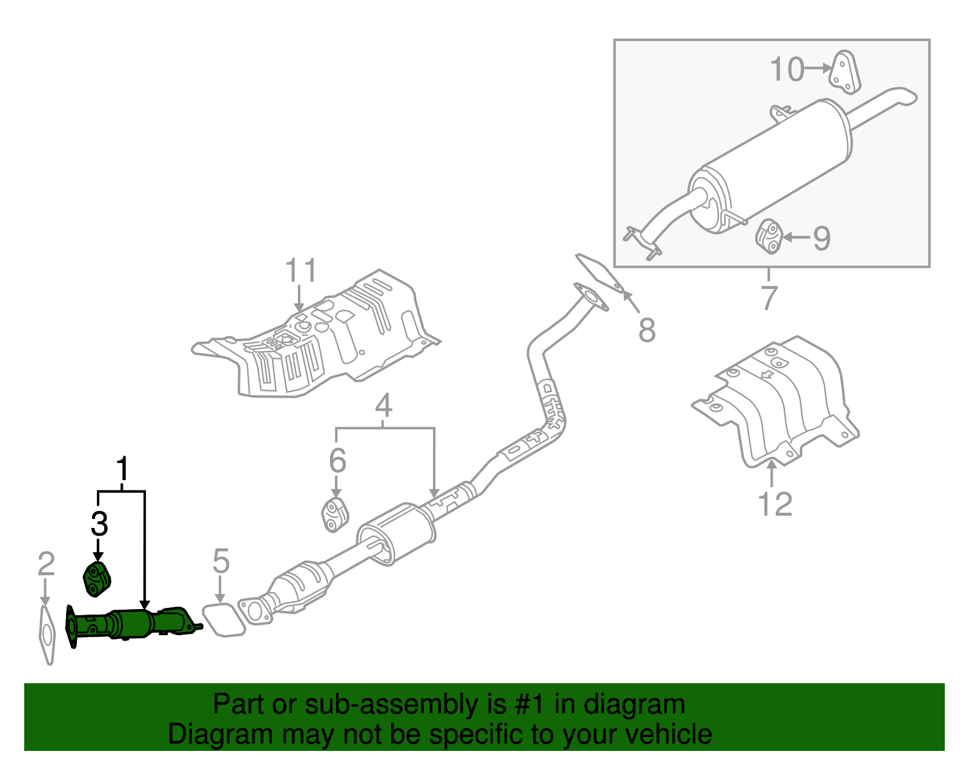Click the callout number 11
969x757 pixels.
click(301, 270)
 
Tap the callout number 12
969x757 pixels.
click(775, 504)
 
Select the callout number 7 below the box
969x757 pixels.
click(769, 298)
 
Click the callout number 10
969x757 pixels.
click(787, 70)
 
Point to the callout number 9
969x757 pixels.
click(821, 238)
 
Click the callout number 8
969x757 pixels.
click(647, 331)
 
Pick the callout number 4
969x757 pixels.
click(383, 405)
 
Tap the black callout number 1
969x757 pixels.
click(122, 470)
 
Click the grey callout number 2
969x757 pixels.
click(46, 564)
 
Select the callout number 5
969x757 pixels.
click(221, 561)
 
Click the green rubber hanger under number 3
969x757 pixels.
click(96, 579)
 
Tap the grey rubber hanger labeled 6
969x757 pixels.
click(335, 515)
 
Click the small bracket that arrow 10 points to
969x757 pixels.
click(845, 73)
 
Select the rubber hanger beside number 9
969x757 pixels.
click(769, 236)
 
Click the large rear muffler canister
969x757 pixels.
click(775, 164)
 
